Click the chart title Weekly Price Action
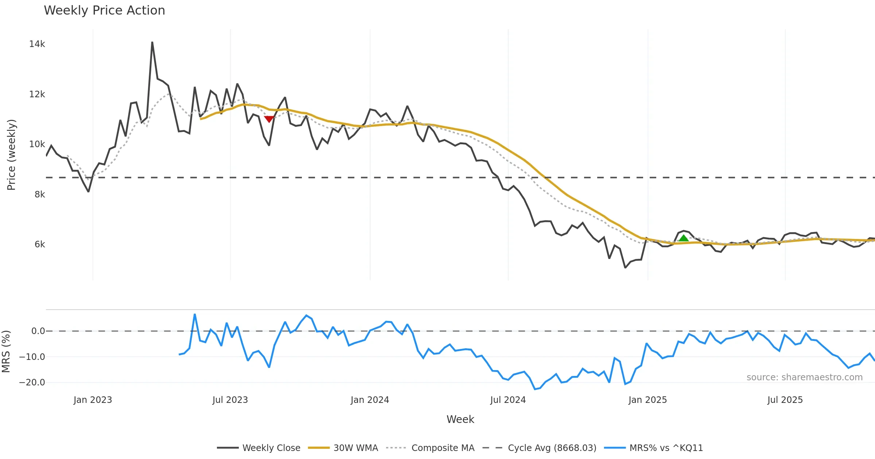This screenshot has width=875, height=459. coord(104,11)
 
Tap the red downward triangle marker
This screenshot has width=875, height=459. coord(269,119)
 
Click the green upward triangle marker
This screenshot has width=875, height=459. coord(684,238)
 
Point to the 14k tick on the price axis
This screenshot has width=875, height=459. coord(37,44)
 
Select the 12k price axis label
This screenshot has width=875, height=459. coord(37,94)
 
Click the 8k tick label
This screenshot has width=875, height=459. coord(40,195)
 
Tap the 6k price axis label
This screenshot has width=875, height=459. coord(40,244)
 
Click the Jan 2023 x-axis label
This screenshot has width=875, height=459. coord(93,400)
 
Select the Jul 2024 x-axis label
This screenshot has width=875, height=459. coord(508,400)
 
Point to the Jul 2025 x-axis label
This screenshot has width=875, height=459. coord(785,400)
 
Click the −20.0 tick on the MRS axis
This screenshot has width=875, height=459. coord(32,382)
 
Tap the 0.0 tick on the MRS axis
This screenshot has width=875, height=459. coord(38,331)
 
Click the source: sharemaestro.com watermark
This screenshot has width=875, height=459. coord(804,377)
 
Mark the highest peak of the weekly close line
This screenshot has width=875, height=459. coord(152,42)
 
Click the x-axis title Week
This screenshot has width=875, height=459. coord(460,419)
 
